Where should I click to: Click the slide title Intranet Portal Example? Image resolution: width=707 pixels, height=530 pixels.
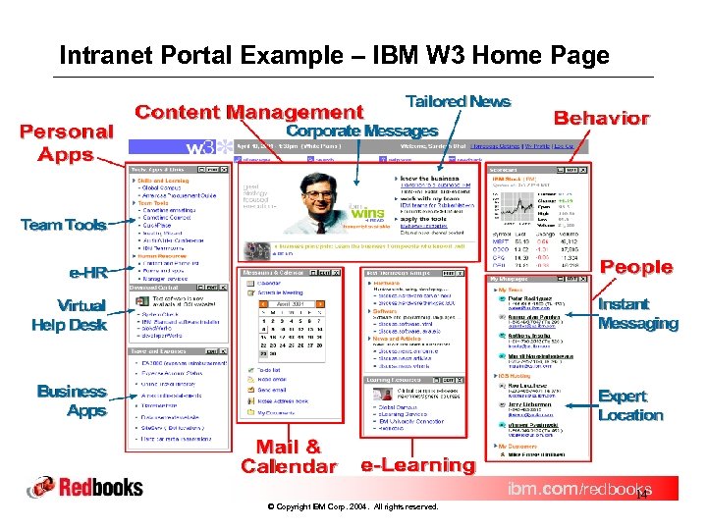point(334,55)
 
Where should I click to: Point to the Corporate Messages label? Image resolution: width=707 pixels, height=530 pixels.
point(361,131)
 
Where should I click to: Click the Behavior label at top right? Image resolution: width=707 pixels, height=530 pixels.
point(601,118)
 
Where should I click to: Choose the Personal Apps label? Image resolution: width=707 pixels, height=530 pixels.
point(67,142)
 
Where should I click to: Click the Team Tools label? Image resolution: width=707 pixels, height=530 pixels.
point(63,225)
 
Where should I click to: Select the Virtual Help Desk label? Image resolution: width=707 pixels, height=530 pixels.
point(68,314)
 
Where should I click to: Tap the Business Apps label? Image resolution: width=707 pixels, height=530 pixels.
point(71,400)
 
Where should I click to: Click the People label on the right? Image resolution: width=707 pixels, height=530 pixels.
point(635,267)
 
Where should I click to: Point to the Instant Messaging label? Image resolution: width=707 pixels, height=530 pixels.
point(637,313)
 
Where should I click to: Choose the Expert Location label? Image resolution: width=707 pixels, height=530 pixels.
point(629,405)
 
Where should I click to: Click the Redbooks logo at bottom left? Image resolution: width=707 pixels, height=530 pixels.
point(85,487)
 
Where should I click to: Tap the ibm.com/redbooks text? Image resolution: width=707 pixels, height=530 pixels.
point(577,489)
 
